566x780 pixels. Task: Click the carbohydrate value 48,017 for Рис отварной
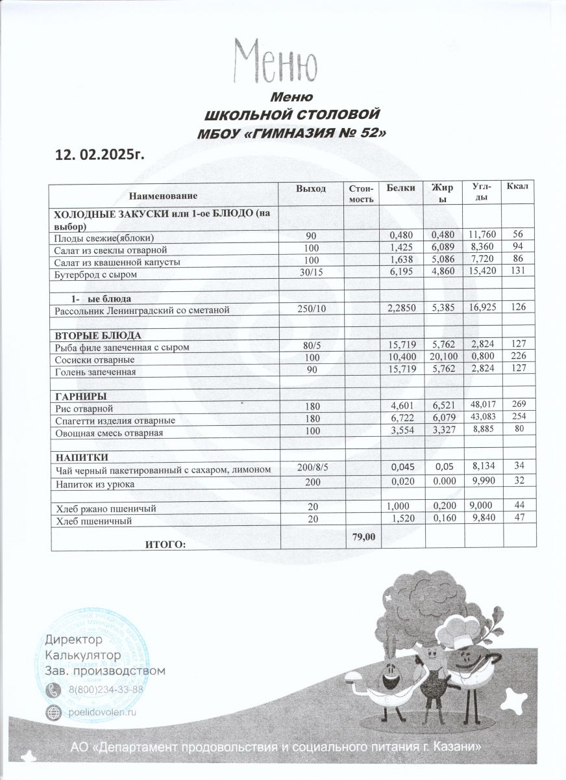[x=482, y=408]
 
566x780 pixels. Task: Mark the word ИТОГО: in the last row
[x=164, y=545]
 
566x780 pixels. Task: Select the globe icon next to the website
[x=53, y=712]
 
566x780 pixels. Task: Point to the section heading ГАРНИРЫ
[x=81, y=396]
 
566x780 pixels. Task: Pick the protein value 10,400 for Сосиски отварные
[x=400, y=359]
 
